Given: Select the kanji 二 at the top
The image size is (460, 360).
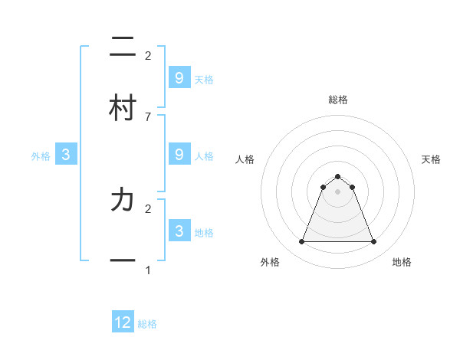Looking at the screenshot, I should pos(123,47).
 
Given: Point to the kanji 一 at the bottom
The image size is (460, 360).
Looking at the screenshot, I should pos(123,260).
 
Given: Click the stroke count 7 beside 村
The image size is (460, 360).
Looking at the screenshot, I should pos(148,116).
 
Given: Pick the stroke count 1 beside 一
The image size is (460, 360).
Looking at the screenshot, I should pos(148,270).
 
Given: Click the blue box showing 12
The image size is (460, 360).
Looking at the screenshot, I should pos(123,322).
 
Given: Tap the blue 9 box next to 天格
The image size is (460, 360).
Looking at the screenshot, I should pos(179,77).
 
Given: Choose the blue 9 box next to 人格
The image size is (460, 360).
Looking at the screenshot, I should pos(179,155).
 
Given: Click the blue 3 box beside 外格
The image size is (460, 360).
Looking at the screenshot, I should pos(66,155).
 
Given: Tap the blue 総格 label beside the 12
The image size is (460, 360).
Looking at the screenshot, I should pos(147,324).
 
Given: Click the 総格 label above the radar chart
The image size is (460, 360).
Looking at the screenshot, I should pos(337,100).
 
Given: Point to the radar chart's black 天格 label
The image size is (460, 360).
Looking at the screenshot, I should pos(431,159).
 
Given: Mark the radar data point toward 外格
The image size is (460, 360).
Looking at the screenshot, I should pos(301,242).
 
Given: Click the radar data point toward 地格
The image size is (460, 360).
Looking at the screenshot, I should pos(373,242).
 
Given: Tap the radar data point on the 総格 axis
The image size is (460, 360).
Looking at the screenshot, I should pos(337,177).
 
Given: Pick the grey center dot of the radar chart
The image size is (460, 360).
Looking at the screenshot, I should pos(337,191).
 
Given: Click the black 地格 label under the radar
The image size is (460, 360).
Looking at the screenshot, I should pos(402,262).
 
